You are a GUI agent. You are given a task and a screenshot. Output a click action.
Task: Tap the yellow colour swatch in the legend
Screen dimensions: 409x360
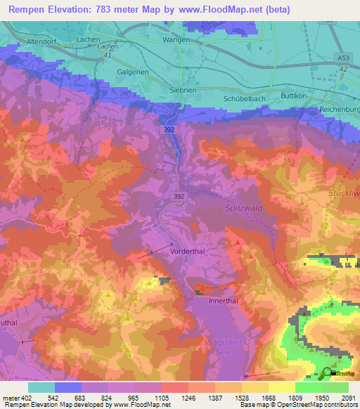click(x=282, y=387)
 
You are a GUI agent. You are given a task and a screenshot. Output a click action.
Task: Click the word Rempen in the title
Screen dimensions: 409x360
click(x=29, y=10)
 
